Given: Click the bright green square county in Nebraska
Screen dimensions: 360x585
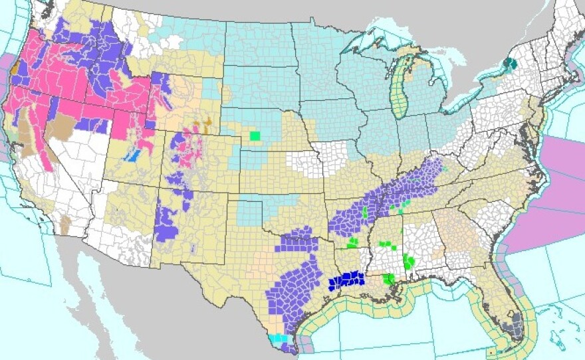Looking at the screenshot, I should point(254,136).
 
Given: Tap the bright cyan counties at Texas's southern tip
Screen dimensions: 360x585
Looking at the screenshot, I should point(278,338).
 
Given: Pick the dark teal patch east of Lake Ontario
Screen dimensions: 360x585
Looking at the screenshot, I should point(510,64).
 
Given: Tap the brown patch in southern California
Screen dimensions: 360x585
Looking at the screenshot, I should point(65,225).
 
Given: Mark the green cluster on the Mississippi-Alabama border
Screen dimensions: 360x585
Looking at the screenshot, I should point(408,261).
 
